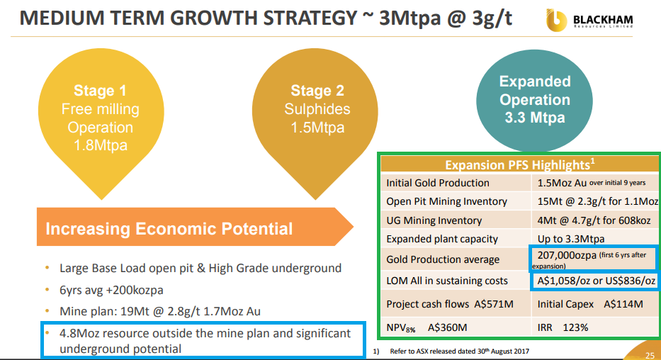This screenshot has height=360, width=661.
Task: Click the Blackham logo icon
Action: click(x=556, y=21)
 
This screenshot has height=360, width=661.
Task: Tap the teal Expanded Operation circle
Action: click(x=534, y=101)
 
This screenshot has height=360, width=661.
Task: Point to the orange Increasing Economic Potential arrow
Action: click(x=195, y=227)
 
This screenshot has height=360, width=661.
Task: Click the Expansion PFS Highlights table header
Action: click(x=520, y=164)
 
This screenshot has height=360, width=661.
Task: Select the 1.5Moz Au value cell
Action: click(x=594, y=183)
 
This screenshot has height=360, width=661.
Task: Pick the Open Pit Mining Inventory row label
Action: click(x=447, y=201)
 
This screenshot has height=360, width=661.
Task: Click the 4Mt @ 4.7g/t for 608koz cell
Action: click(x=594, y=220)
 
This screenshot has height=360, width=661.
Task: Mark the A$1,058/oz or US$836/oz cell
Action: click(x=595, y=281)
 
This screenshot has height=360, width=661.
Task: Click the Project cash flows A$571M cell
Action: click(x=456, y=304)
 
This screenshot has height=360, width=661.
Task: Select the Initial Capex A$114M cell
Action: click(x=595, y=304)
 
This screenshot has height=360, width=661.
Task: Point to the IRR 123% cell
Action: click(x=595, y=327)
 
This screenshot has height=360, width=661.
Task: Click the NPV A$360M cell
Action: click(x=456, y=327)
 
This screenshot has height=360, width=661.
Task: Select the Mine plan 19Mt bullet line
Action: click(x=153, y=311)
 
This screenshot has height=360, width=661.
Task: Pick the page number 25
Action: click(x=650, y=355)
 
